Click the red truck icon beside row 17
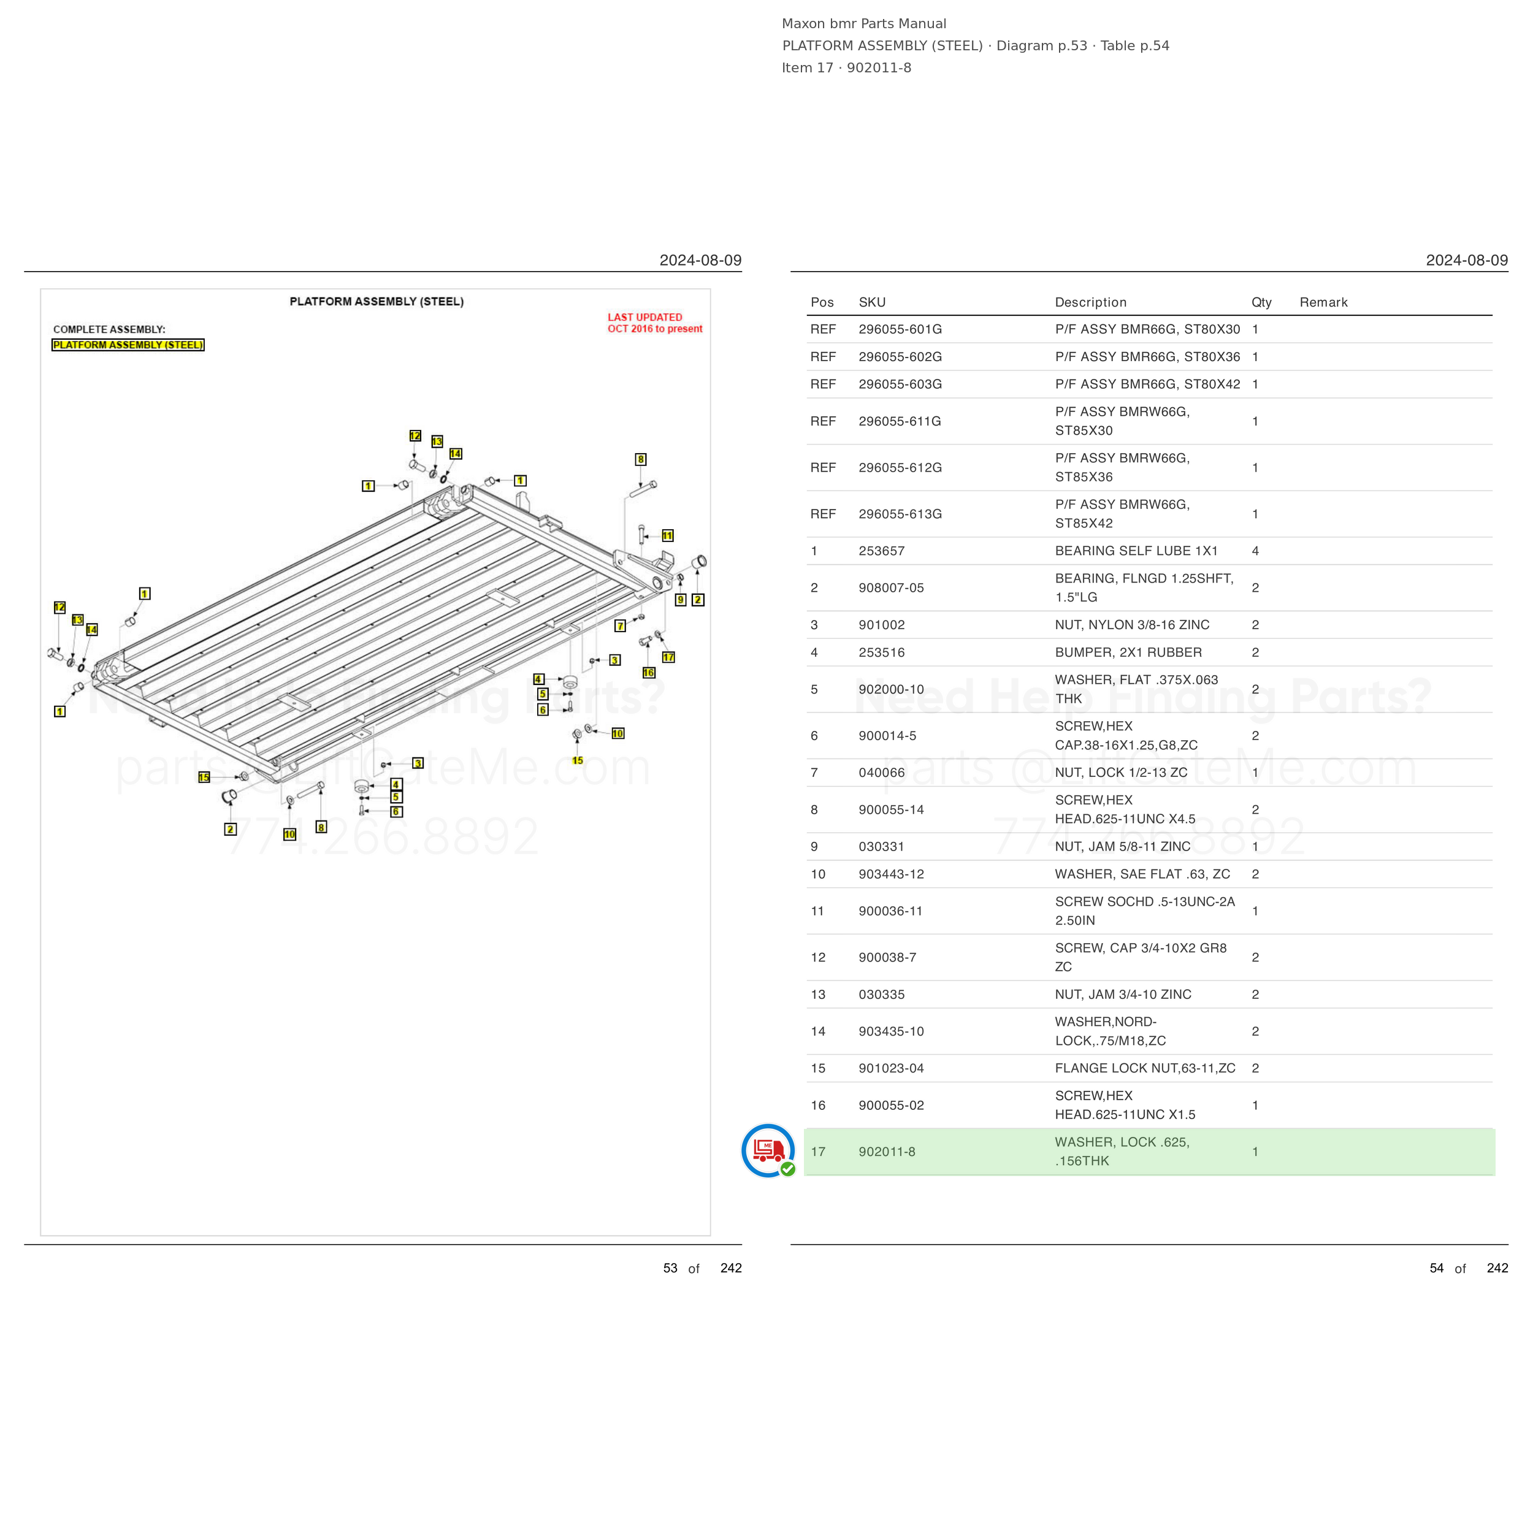click(768, 1150)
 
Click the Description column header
click(1090, 302)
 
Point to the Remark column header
click(1323, 302)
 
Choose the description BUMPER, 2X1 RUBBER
click(1128, 652)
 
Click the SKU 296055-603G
click(900, 384)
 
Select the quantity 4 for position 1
click(1255, 551)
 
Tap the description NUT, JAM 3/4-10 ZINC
click(1123, 994)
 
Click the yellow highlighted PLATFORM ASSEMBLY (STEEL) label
click(128, 345)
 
